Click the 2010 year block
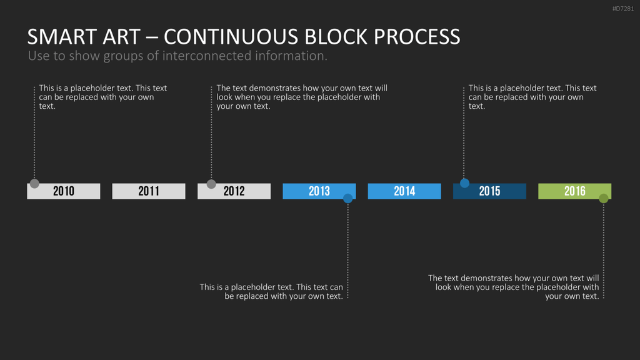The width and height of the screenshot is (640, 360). tap(64, 191)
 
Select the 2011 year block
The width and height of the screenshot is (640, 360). tap(149, 191)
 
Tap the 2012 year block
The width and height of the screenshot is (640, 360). tap(234, 191)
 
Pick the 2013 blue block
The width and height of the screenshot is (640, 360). tap(319, 191)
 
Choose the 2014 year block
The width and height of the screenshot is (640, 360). tap(404, 191)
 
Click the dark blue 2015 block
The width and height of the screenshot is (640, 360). tap(489, 191)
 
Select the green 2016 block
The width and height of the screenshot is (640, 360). tap(575, 191)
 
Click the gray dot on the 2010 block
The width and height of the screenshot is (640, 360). tap(34, 184)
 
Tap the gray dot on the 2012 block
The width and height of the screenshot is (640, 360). tap(211, 184)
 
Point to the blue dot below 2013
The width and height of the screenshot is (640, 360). tap(347, 198)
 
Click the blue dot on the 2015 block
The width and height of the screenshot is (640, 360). tap(464, 183)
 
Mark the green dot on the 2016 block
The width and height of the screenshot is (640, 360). tap(604, 198)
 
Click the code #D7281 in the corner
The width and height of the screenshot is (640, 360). tap(623, 9)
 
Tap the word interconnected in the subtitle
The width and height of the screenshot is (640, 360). tap(206, 56)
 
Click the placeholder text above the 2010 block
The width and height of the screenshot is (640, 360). tap(103, 97)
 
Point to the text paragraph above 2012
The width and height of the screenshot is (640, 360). tap(302, 97)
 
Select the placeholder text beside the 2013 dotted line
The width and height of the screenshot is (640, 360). tap(271, 292)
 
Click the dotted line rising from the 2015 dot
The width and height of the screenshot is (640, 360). tap(464, 132)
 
